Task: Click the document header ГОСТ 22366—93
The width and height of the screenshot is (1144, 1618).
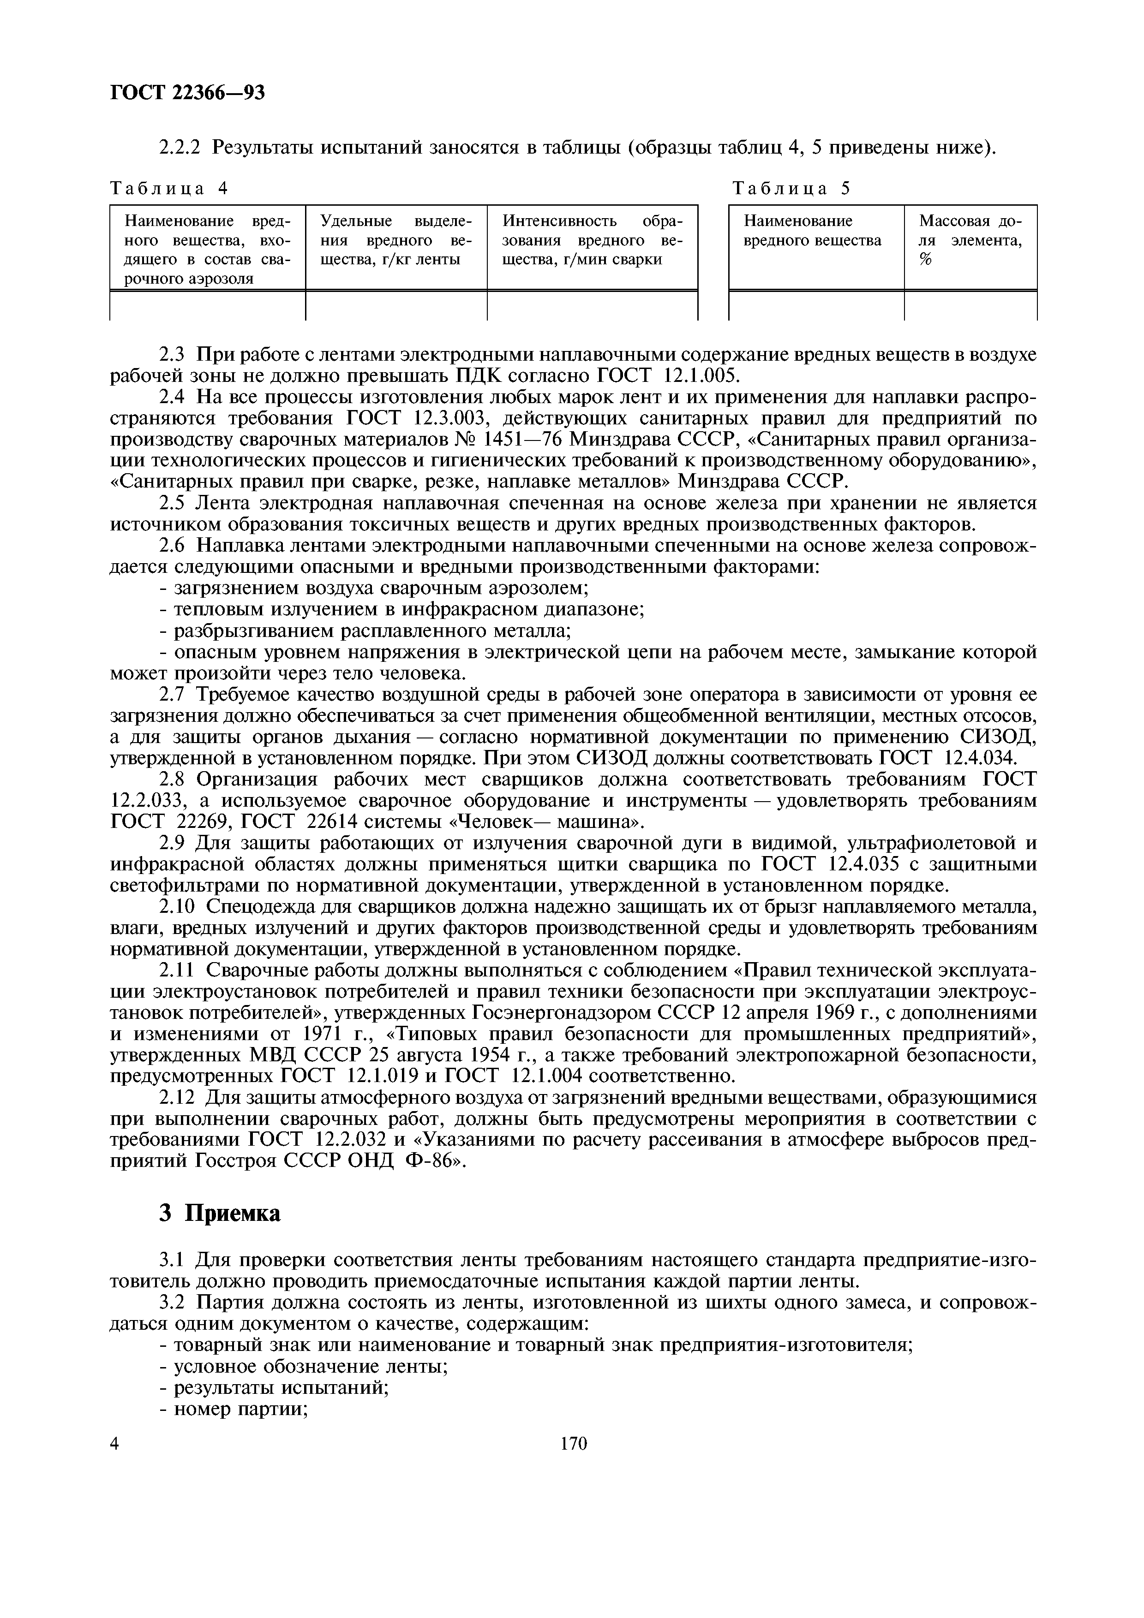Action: (187, 92)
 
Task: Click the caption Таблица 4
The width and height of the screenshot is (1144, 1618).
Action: (170, 188)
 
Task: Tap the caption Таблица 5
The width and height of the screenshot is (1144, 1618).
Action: (791, 188)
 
